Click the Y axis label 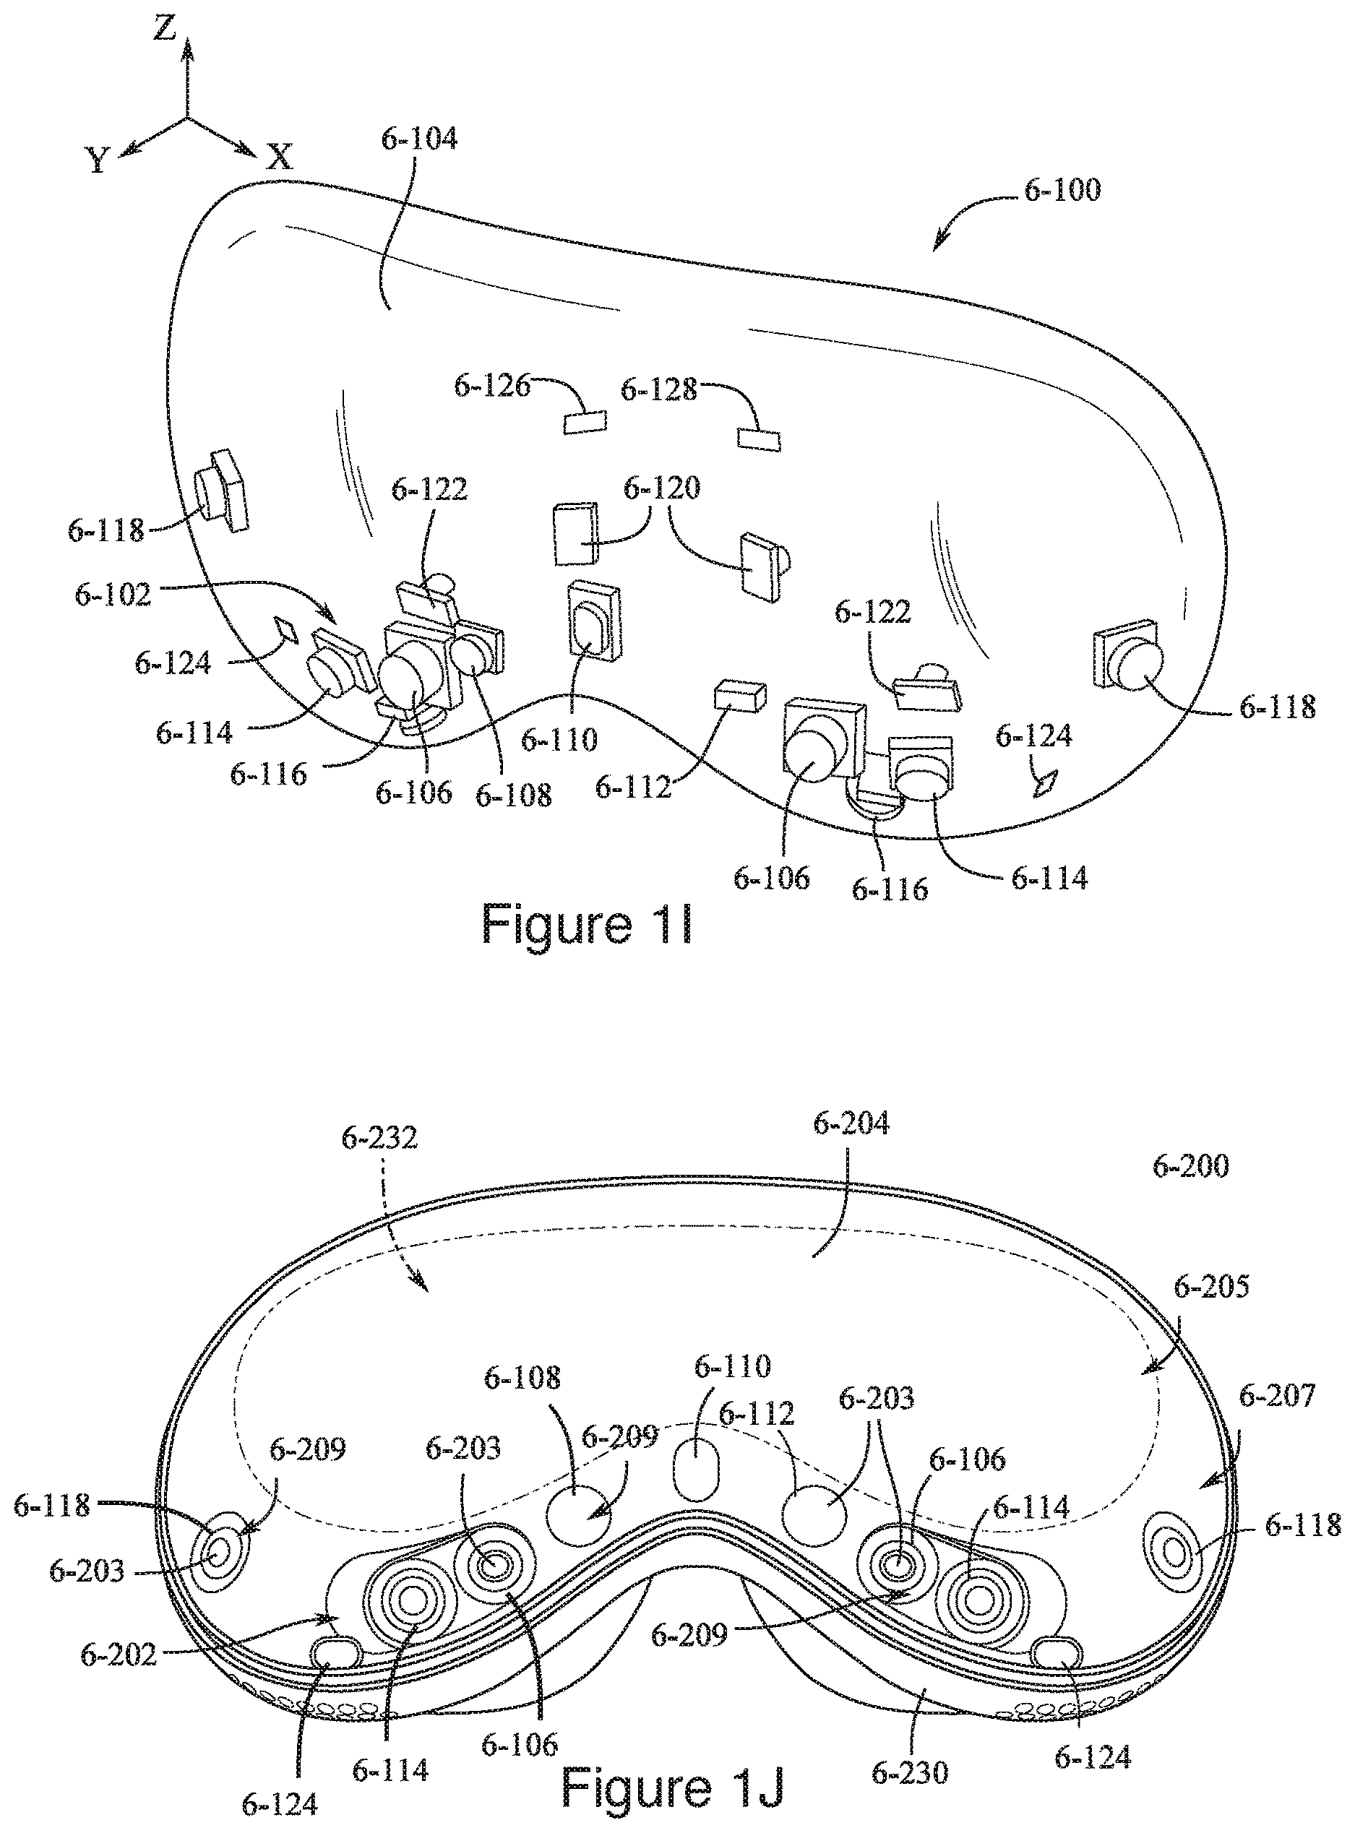point(98,160)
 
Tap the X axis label point(280,157)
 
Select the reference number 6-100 point(1062,190)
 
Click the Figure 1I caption point(587,923)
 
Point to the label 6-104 point(419,139)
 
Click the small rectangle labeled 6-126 point(585,421)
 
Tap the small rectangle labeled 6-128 point(759,439)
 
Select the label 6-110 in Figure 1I point(559,740)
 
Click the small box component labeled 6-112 point(740,696)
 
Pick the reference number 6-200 point(1190,1166)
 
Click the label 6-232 point(379,1137)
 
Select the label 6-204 point(851,1123)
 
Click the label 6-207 point(1277,1395)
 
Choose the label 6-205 point(1211,1287)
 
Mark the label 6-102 point(113,594)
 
